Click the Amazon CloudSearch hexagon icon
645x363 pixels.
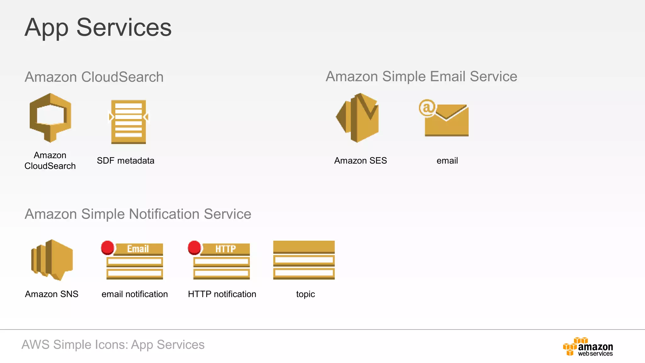[50, 117]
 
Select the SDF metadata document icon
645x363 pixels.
[128, 122]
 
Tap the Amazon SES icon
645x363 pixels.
[358, 118]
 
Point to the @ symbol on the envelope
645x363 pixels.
[427, 108]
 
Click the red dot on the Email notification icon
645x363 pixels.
[107, 247]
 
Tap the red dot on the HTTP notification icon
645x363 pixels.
[194, 247]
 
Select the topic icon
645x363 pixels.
[304, 260]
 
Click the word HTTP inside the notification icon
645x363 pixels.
[225, 249]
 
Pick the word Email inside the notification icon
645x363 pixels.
[138, 249]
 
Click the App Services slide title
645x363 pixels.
[98, 28]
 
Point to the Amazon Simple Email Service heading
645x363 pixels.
[421, 77]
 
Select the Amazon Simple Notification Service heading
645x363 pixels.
[138, 214]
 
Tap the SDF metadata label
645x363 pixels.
[126, 161]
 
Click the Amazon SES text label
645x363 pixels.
[361, 161]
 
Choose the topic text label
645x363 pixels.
[305, 294]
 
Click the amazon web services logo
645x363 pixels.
[588, 347]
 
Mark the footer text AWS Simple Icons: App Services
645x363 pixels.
[113, 345]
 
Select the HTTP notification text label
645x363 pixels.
[222, 294]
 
